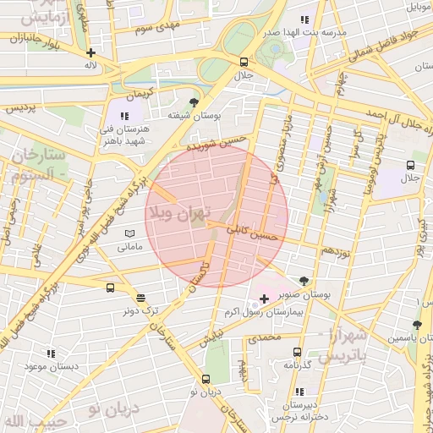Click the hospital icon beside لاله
[90, 52]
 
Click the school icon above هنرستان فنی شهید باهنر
[124, 116]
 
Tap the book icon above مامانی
[129, 233]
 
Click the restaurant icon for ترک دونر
[140, 298]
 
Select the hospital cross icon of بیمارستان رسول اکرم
[265, 299]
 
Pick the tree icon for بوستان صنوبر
[304, 280]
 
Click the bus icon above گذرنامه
[297, 352]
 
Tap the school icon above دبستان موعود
[51, 354]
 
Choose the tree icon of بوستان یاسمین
[416, 325]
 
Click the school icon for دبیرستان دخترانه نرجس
[299, 392]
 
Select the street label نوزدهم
[336, 251]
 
